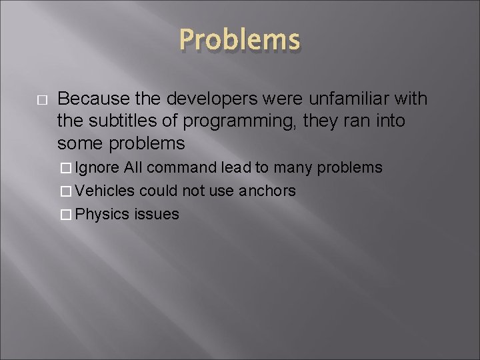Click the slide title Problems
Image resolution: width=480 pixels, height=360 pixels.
[239, 40]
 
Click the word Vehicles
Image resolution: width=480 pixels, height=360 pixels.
[105, 191]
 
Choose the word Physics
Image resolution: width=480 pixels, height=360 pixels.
[103, 214]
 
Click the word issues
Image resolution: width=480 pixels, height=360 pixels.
[157, 214]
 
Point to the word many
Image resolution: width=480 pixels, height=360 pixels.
[294, 167]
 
